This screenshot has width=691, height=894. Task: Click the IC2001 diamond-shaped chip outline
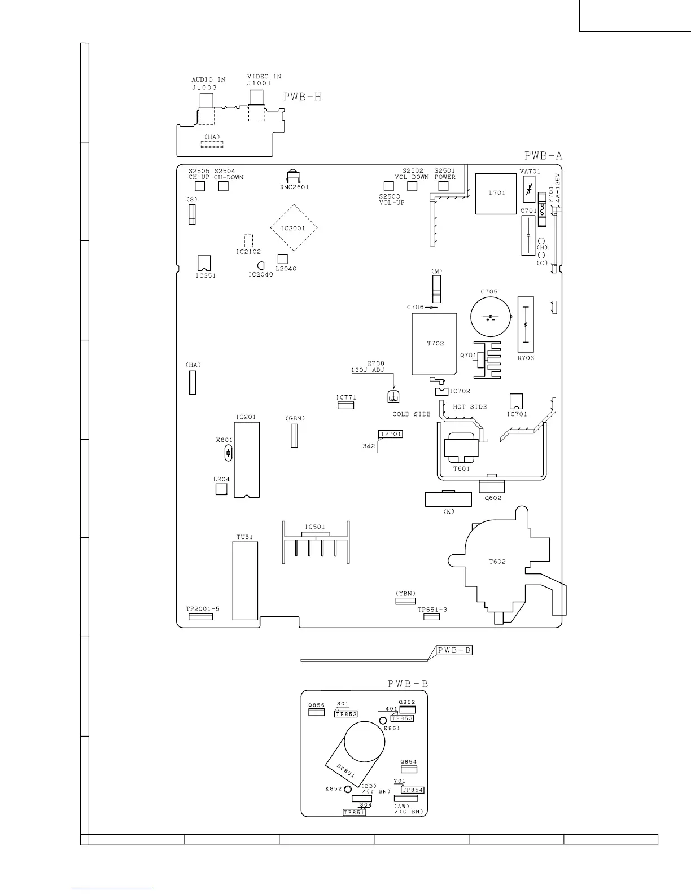coord(294,228)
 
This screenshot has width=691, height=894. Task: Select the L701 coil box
coord(496,194)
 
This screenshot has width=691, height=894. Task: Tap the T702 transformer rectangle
coord(435,344)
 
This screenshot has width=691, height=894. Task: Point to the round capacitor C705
coord(491,317)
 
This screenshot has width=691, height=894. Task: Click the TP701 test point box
coord(391,434)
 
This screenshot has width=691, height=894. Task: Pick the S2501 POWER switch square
coord(443,186)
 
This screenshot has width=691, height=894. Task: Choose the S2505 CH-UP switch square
coord(200,186)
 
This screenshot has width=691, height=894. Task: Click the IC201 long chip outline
coord(247,459)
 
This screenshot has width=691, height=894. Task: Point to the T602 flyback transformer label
coord(497,562)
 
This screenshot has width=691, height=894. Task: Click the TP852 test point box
coord(346,714)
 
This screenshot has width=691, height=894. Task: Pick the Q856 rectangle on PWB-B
coord(316,712)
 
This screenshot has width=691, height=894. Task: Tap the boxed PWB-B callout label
coord(454,650)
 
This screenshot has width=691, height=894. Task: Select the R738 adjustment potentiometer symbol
coord(393,396)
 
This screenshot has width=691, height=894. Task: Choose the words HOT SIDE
coord(470,406)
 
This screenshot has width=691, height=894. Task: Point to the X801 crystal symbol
coord(228,453)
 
